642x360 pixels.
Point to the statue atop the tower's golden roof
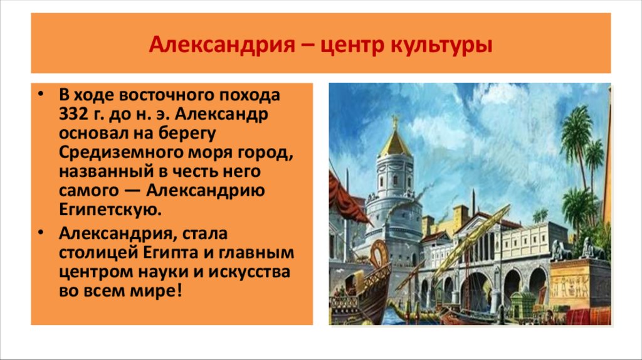tap(395, 120)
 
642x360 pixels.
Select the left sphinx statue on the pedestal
tap(560, 251)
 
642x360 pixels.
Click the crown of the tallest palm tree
tap(577, 125)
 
